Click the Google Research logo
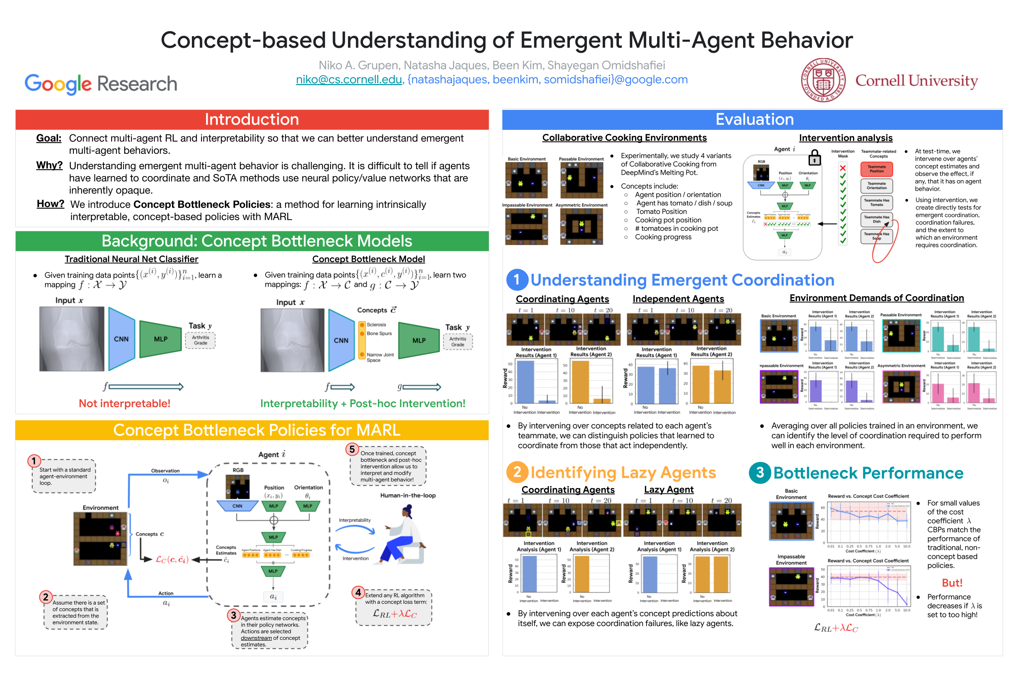(101, 84)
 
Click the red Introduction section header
(251, 119)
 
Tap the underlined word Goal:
(48, 138)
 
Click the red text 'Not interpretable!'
(125, 403)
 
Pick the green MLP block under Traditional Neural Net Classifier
(160, 339)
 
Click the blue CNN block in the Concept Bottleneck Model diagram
(341, 340)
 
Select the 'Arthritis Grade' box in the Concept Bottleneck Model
(457, 342)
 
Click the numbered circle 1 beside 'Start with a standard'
(34, 461)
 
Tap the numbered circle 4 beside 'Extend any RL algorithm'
(358, 592)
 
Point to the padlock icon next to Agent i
(814, 158)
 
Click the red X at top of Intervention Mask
(842, 168)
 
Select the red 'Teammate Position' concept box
(876, 169)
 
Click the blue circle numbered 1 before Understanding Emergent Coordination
(516, 280)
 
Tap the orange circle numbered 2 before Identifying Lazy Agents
(517, 472)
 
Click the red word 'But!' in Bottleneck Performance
(952, 583)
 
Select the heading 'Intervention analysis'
(845, 138)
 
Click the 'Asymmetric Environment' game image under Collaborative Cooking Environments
(581, 227)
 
